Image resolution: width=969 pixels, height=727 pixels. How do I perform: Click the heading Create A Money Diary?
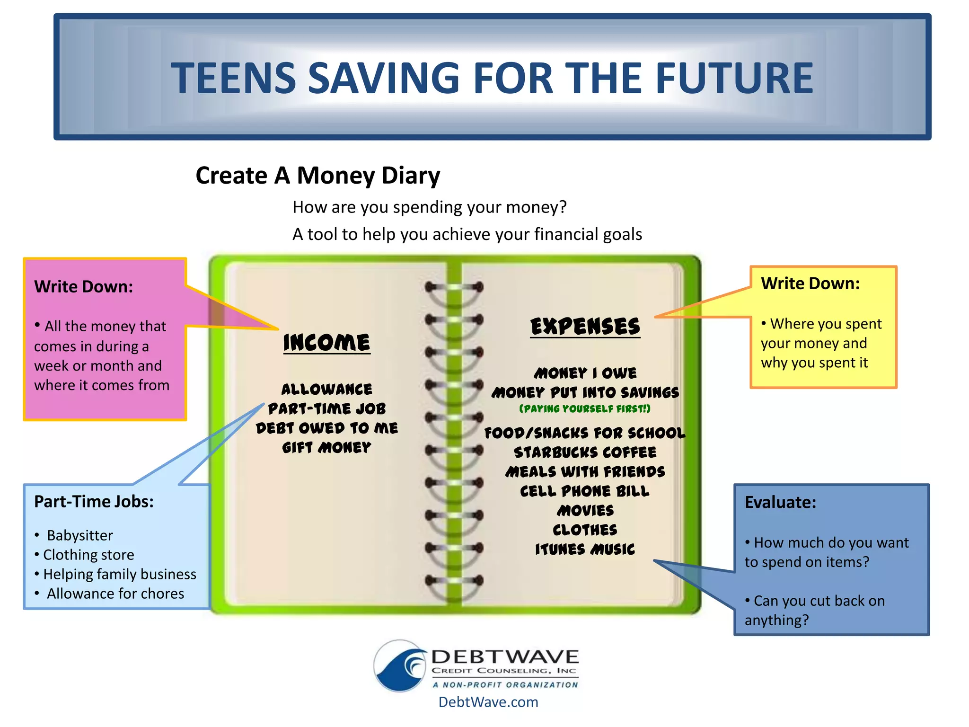(317, 176)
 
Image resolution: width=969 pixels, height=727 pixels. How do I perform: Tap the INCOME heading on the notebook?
(326, 342)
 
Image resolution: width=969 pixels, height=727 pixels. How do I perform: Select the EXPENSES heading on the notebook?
(585, 327)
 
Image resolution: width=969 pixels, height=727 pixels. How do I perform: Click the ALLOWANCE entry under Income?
(326, 389)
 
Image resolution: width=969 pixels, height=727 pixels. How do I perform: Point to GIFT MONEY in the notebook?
(326, 447)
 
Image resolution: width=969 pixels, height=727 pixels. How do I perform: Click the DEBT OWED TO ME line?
(326, 428)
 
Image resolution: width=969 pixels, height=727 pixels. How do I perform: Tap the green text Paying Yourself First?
(585, 408)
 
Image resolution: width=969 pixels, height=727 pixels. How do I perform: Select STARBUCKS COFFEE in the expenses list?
(585, 452)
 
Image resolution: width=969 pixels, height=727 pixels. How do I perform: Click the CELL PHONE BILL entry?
(585, 491)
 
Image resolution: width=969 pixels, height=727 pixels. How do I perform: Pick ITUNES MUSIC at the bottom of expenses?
(585, 549)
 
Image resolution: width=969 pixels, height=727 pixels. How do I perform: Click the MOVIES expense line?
(585, 510)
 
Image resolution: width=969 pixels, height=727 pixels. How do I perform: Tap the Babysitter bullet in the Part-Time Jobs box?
(79, 535)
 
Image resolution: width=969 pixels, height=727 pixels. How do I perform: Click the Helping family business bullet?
(119, 574)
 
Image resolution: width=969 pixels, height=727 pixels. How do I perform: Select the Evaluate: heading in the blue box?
(780, 502)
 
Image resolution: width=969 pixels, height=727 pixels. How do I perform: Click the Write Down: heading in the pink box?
(83, 287)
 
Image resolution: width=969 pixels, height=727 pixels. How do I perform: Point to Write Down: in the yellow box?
(810, 284)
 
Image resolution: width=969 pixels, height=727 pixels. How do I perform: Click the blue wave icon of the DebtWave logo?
(400, 666)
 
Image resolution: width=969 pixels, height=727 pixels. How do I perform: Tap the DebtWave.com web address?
(488, 702)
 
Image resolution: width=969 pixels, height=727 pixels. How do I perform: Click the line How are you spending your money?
(429, 207)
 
